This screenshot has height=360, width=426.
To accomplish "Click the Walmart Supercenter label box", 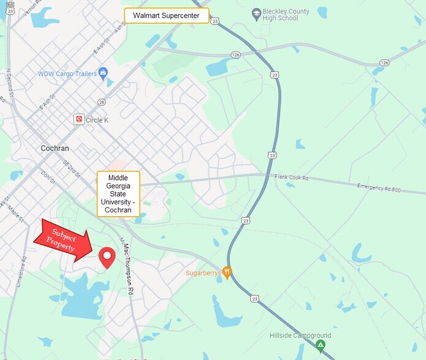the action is pyautogui.click(x=167, y=16).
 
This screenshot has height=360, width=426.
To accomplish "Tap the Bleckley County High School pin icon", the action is pyautogui.click(x=257, y=13).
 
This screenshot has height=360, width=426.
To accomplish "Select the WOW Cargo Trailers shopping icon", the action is pyautogui.click(x=103, y=73).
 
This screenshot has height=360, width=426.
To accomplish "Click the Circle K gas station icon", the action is pyautogui.click(x=78, y=119).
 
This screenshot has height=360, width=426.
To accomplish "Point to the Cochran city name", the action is pyautogui.click(x=55, y=148).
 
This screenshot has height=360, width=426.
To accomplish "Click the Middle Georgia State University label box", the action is pyautogui.click(x=118, y=193).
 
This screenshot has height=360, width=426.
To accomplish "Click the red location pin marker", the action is pyautogui.click(x=107, y=258).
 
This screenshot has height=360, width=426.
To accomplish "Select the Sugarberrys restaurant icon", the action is pyautogui.click(x=227, y=272).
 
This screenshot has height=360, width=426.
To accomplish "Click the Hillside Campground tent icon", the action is pyautogui.click(x=320, y=346).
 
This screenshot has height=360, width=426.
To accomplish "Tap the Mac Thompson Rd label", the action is pyautogui.click(x=127, y=266).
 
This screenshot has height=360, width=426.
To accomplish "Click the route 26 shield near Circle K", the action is pyautogui.click(x=102, y=102).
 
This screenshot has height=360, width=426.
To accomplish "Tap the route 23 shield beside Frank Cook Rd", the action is pyautogui.click(x=271, y=156).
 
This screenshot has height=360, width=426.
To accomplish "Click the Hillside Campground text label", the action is pyautogui.click(x=300, y=336).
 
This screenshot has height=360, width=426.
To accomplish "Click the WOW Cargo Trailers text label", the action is pyautogui.click(x=67, y=74).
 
